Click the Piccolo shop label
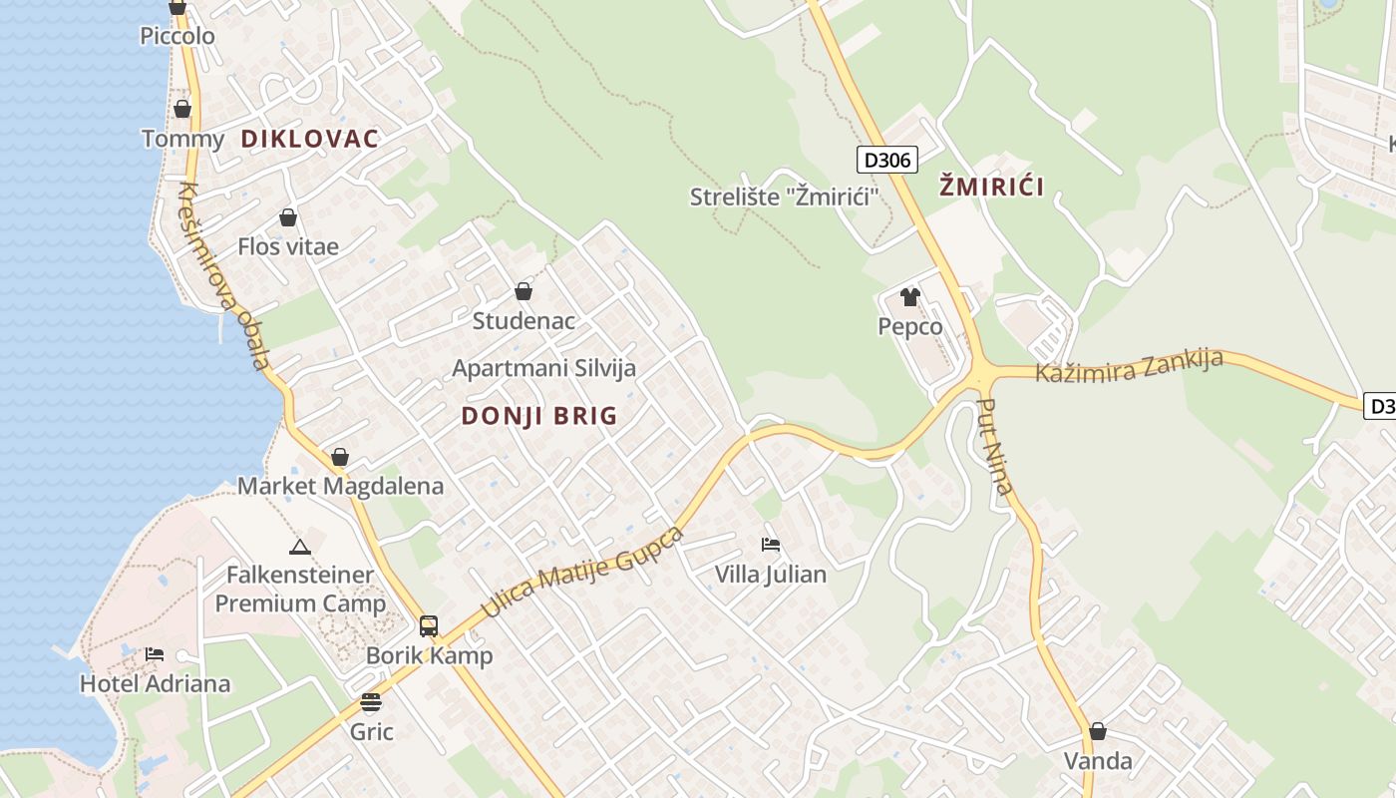tap(177, 36)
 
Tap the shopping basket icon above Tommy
tap(181, 109)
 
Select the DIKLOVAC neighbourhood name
tap(310, 139)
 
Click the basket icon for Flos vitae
tap(288, 217)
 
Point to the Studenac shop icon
tap(523, 291)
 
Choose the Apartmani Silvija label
tap(543, 368)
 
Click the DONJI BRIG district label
tap(539, 416)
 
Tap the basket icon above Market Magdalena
tap(340, 457)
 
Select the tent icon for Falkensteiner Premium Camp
tap(299, 547)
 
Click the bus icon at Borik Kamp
tap(429, 626)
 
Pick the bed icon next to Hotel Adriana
tap(155, 654)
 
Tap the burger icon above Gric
tap(371, 702)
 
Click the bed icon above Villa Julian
tap(771, 545)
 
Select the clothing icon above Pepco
tap(909, 296)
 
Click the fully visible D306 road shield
tap(885, 160)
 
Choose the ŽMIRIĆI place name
tap(992, 187)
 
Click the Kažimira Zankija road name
tap(1129, 366)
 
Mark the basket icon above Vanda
tap(1098, 731)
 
